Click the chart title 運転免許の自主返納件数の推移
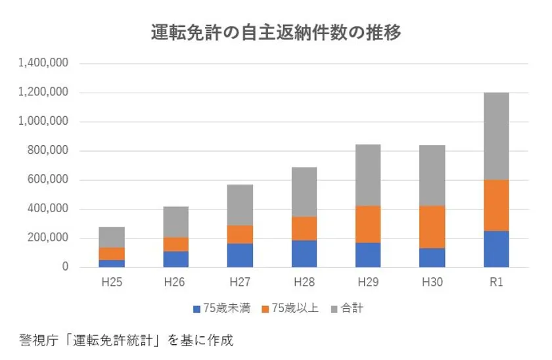[276, 32]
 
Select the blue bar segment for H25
[112, 263]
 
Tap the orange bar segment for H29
[368, 224]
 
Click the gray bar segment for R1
[496, 136]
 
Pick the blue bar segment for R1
[496, 249]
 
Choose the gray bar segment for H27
[240, 205]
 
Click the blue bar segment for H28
[304, 254]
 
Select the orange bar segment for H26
[175, 244]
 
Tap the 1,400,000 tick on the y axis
[44, 64]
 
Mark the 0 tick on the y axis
[65, 267]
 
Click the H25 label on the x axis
[112, 282]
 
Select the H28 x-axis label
[304, 282]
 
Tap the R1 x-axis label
[496, 282]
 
